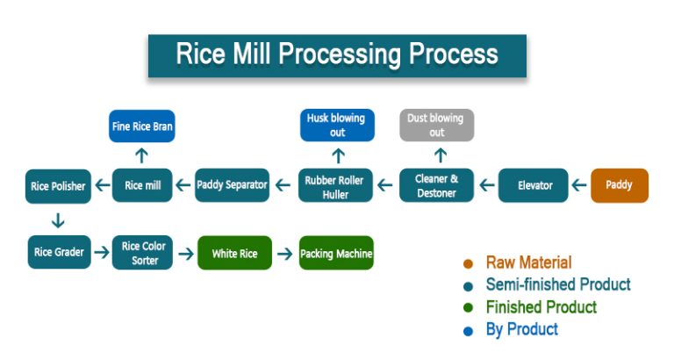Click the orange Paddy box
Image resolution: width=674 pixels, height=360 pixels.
coord(620,185)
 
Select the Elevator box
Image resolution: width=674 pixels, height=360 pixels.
coord(534,185)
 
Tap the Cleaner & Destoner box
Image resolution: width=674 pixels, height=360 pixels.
coord(436,185)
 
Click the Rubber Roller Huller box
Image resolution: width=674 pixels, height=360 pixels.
coord(337,185)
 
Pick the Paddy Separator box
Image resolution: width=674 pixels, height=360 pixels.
coord(232,185)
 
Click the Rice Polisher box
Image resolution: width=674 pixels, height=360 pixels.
coord(58,186)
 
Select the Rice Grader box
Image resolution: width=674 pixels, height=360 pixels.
coord(59,253)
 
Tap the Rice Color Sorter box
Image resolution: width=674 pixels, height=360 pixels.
coord(142,253)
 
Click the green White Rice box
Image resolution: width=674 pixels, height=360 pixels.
coord(234,254)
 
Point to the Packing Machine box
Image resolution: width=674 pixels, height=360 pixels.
coord(336,254)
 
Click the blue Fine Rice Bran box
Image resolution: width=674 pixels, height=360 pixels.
coord(141,126)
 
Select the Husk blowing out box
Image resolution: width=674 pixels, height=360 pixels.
coord(337,125)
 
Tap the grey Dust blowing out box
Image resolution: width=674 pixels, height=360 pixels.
coord(436,125)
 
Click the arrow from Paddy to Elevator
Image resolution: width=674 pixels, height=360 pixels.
coord(578,186)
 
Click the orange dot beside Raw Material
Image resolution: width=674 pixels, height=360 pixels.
coord(468,263)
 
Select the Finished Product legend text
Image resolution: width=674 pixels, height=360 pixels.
coord(541,307)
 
